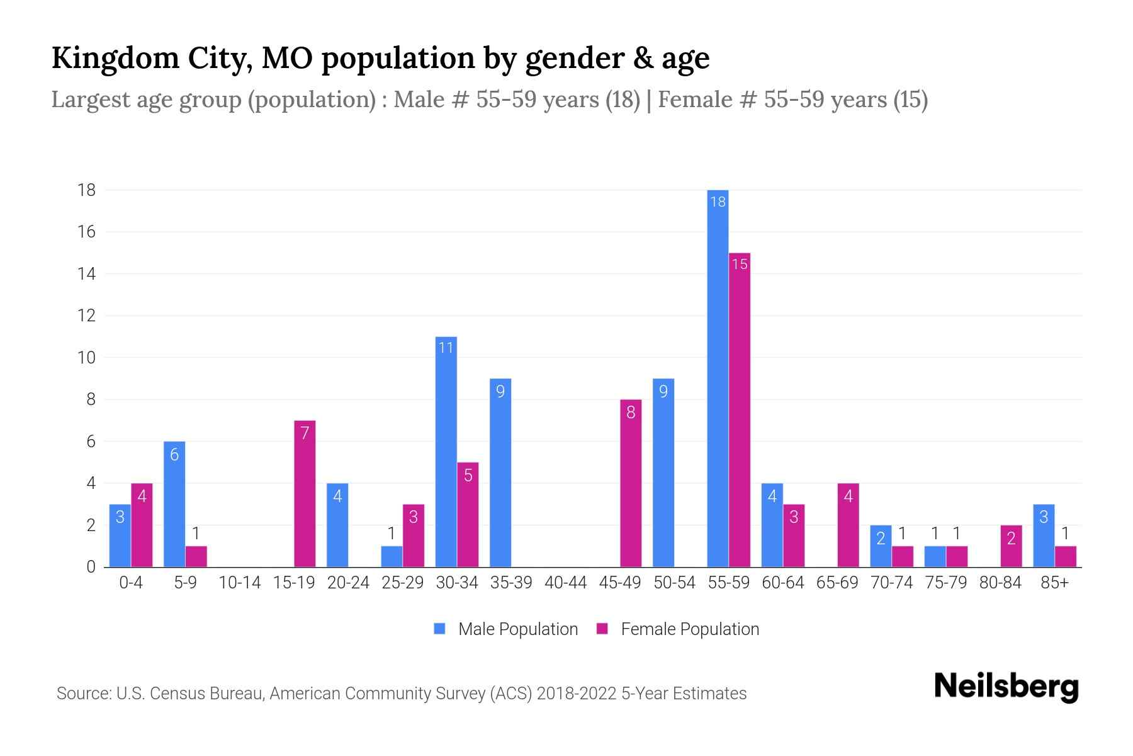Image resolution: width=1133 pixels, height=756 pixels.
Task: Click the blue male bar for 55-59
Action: (x=718, y=378)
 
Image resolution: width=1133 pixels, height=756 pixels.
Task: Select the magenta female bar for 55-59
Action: (x=740, y=409)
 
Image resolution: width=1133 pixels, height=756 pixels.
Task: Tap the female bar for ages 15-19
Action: (x=305, y=494)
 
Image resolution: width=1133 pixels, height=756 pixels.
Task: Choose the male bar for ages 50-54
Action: (x=663, y=472)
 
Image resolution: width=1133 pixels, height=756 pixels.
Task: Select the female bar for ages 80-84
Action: (x=1011, y=546)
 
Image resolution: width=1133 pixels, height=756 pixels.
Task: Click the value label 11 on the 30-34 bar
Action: (x=446, y=348)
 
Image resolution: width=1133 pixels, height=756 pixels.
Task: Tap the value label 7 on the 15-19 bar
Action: (x=305, y=433)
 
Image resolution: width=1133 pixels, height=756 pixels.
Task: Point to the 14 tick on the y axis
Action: (x=86, y=274)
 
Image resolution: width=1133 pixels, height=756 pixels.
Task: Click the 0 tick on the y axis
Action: (x=91, y=567)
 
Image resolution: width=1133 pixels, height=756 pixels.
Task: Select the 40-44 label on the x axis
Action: (x=565, y=583)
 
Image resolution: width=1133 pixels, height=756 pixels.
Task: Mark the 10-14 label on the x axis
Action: (x=239, y=583)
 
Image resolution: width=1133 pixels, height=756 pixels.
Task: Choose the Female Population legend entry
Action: (x=678, y=629)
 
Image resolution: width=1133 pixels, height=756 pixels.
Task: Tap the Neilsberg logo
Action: (x=1006, y=687)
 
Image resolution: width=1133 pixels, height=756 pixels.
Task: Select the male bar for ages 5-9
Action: (x=174, y=504)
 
